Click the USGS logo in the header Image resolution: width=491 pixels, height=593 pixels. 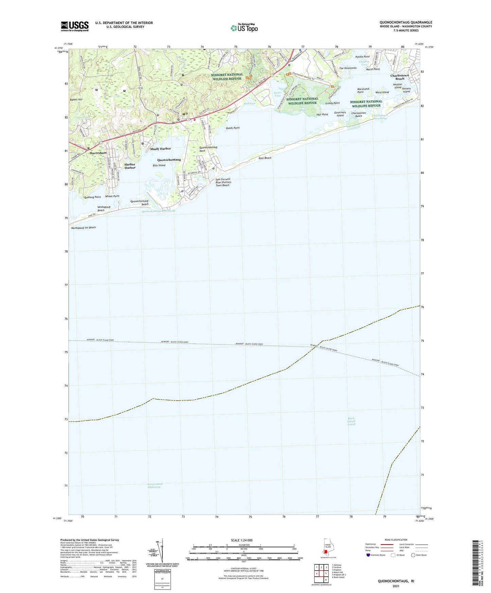click(75, 26)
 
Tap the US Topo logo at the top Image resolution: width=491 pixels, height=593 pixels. click(244, 28)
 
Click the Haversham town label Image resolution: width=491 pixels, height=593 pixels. click(98, 153)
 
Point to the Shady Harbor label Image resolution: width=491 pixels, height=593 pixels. click(160, 149)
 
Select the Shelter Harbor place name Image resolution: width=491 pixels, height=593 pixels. click(130, 166)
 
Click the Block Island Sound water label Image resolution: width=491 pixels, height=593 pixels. click(351, 421)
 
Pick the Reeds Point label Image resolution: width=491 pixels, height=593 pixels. click(233, 128)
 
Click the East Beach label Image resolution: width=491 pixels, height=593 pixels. click(265, 158)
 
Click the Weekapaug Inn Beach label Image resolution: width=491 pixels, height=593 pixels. click(83, 228)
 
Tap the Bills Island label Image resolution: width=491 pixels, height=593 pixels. click(159, 165)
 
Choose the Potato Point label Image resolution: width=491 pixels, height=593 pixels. click(362, 57)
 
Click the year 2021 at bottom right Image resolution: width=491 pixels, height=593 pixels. click(396, 586)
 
